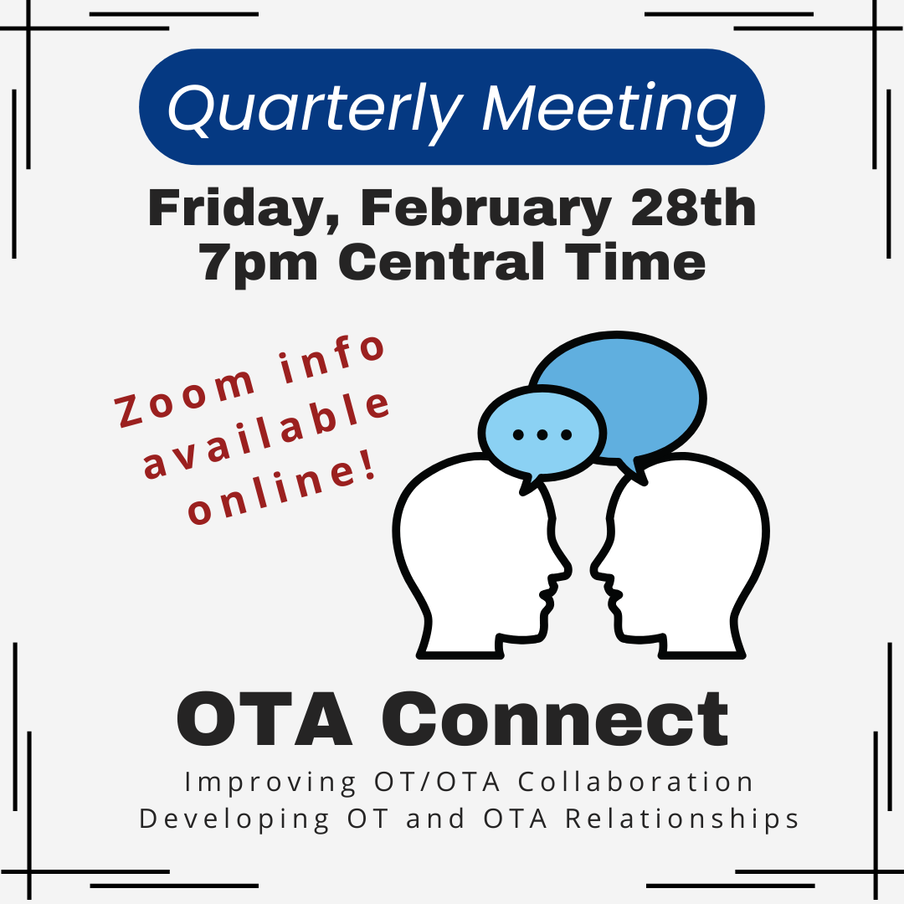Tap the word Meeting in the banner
point(609,110)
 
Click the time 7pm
point(259,263)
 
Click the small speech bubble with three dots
point(542,436)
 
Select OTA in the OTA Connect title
point(265,720)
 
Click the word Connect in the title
point(555,719)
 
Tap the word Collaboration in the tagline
point(636,783)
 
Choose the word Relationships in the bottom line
point(682,819)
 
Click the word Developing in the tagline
point(234,819)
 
